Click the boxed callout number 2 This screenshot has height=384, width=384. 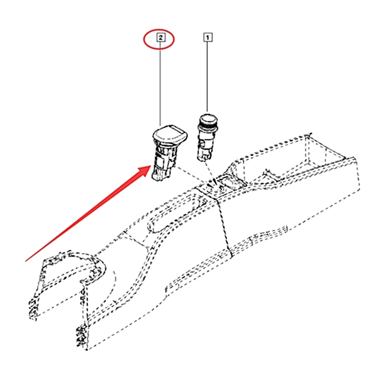(160, 38)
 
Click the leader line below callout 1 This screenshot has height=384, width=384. (208, 77)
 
